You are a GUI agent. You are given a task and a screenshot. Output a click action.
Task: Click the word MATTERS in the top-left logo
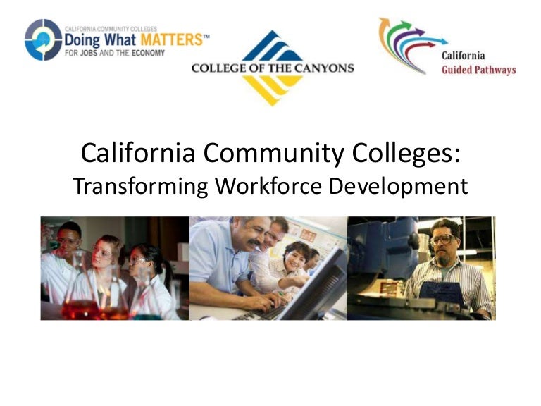click(x=171, y=39)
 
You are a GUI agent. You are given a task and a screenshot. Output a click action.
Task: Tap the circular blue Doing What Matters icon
click(x=43, y=39)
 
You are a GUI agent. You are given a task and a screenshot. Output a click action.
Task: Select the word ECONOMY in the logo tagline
click(x=148, y=53)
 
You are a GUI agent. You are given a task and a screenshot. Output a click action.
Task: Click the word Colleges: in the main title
click(x=406, y=154)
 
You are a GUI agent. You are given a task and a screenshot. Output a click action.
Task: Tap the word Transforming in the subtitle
click(x=140, y=186)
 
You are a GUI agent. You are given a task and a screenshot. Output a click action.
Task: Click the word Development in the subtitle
click(x=399, y=187)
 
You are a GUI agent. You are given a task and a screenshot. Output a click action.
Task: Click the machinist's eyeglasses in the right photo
click(x=444, y=239)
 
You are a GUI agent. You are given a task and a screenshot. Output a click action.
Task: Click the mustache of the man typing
click(x=254, y=242)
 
